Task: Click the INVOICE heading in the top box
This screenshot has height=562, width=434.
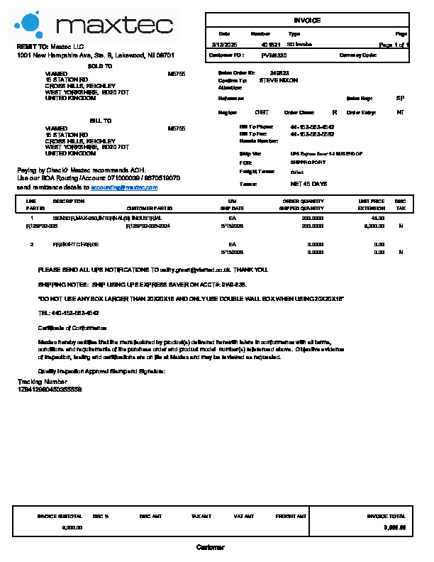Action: click(x=307, y=21)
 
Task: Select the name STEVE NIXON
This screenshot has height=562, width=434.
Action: click(x=279, y=81)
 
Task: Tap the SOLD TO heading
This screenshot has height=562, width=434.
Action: click(x=99, y=66)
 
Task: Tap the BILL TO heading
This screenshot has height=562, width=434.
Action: click(x=100, y=121)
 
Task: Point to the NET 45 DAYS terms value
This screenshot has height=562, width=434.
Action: click(x=308, y=184)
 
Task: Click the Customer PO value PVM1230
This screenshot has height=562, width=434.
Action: click(x=274, y=55)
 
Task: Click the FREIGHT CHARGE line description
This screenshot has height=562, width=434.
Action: click(x=76, y=244)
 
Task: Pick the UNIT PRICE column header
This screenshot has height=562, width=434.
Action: click(x=372, y=202)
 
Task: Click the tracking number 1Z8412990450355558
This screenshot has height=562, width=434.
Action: click(x=50, y=390)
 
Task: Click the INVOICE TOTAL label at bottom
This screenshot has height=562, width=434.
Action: click(x=386, y=517)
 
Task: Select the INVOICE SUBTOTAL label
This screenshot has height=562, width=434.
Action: click(x=60, y=517)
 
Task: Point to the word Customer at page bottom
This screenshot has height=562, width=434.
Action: click(x=210, y=548)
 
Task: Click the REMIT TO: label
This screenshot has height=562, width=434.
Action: click(x=33, y=45)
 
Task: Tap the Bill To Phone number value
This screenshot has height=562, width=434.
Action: click(x=312, y=127)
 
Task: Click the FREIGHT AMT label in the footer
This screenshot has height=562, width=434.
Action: click(x=291, y=517)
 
